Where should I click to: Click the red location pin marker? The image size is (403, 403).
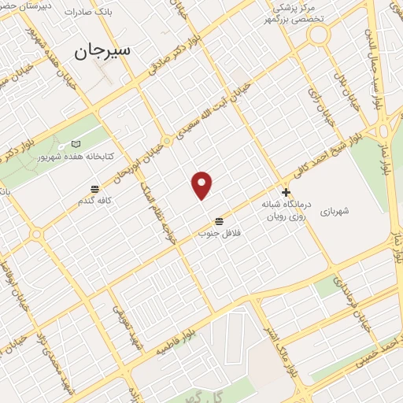tap(202, 185)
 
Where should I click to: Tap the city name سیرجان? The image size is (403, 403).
tap(102, 52)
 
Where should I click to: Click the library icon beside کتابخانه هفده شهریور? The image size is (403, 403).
tap(76, 144)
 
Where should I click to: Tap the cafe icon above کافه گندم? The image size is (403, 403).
tap(95, 189)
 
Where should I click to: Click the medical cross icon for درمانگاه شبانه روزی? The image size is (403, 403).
tap(286, 192)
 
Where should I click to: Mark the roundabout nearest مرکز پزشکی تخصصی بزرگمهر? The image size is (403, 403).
tap(318, 34)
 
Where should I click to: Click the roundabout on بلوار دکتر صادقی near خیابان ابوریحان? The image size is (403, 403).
tap(167, 142)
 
